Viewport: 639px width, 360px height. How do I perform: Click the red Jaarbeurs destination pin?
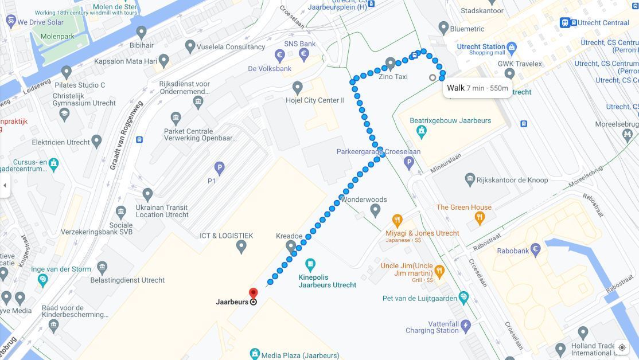pyautogui.click(x=253, y=294)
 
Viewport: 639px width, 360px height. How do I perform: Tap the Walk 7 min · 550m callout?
pyautogui.click(x=477, y=88)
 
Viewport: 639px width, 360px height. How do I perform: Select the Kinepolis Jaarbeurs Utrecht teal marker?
pyautogui.click(x=310, y=265)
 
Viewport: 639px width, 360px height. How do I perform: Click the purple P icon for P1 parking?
pyautogui.click(x=219, y=168)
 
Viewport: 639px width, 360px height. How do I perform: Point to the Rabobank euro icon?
pyautogui.click(x=535, y=249)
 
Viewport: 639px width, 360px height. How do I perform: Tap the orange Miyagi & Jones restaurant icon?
pyautogui.click(x=397, y=221)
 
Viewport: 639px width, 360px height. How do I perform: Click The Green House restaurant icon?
pyautogui.click(x=480, y=217)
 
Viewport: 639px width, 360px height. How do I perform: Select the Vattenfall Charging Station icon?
pyautogui.click(x=466, y=326)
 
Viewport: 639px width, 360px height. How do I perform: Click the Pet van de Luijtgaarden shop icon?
pyautogui.click(x=463, y=298)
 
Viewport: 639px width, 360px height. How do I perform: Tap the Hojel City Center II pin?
pyautogui.click(x=297, y=88)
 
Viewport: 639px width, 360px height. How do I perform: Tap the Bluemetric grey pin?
pyautogui.click(x=443, y=28)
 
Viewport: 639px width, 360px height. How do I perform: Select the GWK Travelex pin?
pyautogui.click(x=509, y=73)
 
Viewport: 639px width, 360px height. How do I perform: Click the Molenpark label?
pyautogui.click(x=57, y=36)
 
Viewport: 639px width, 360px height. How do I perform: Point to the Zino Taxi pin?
pyautogui.click(x=391, y=63)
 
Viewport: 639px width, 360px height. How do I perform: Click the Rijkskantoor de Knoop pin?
pyautogui.click(x=470, y=179)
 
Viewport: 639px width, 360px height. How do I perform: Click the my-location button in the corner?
pyautogui.click(x=622, y=347)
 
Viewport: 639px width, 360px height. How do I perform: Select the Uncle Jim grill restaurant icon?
pyautogui.click(x=439, y=270)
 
